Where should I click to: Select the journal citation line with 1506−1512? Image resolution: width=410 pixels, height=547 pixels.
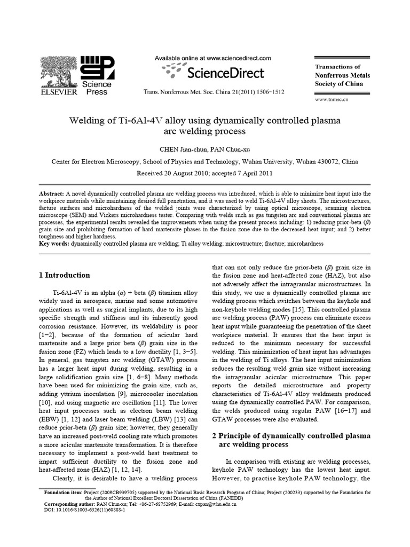(214, 92)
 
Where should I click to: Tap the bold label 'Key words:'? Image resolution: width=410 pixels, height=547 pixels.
(54, 244)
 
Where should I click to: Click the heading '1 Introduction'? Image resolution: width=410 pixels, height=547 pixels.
(65, 275)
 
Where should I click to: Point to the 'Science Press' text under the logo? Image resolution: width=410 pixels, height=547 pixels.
(97, 88)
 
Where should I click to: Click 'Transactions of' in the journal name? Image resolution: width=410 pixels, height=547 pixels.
(338, 67)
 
